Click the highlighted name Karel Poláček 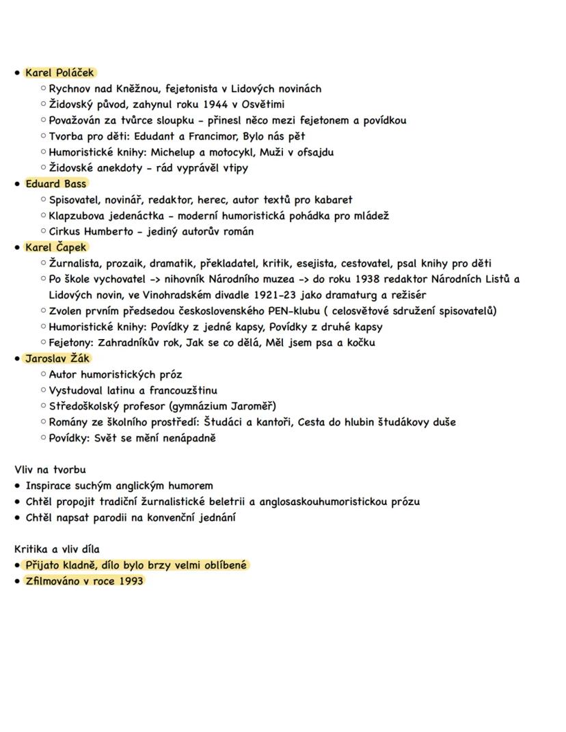coord(59,72)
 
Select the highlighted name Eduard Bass coord(56,184)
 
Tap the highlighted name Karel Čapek coord(56,247)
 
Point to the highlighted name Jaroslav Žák coord(57,359)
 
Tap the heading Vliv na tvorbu coord(50,470)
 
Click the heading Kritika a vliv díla coord(61,550)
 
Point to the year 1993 coord(130,582)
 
